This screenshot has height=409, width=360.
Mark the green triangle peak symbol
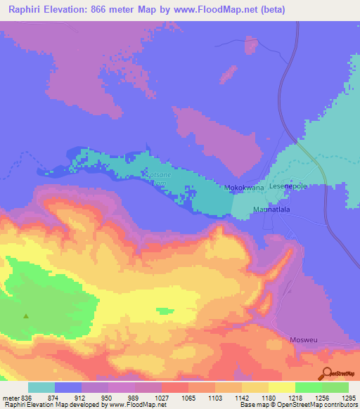[x=27, y=316]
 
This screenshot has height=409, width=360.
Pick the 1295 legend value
[x=349, y=398]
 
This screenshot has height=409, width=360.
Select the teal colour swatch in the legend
[x=41, y=387]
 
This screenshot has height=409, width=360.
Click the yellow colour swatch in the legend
[x=281, y=387]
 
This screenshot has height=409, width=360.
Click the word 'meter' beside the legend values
[x=11, y=398]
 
